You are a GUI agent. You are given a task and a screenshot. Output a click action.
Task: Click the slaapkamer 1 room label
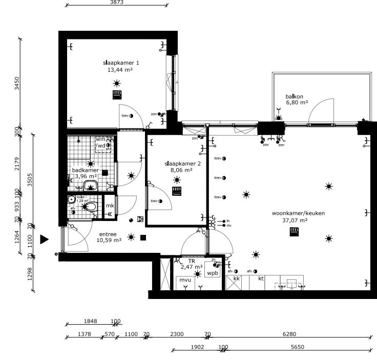(x=121, y=63)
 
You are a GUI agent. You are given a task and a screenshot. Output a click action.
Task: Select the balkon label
(x=295, y=96)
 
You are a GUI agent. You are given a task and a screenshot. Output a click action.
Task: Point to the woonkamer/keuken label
(x=291, y=213)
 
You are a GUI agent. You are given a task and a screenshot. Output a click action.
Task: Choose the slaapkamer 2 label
(x=179, y=164)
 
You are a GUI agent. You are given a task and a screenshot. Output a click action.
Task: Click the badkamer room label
(x=86, y=170)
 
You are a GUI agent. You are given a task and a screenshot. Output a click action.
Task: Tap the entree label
(x=108, y=233)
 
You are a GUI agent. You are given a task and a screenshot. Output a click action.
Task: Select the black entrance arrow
(x=45, y=239)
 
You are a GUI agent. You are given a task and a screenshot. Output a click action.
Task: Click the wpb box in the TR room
(x=212, y=273)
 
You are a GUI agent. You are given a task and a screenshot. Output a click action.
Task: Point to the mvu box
(x=184, y=280)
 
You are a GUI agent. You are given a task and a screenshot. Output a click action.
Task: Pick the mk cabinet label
(x=110, y=206)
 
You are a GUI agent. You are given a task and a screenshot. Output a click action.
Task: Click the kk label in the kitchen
(x=236, y=278)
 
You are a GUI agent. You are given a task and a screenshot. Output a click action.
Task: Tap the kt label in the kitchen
(x=261, y=278)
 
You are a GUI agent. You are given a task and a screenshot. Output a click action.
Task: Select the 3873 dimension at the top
(x=117, y=3)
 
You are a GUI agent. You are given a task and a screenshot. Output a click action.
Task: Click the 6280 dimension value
(x=289, y=334)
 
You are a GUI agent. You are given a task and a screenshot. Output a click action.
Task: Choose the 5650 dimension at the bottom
(x=298, y=347)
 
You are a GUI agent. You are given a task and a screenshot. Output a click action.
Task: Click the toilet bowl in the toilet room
(x=90, y=207)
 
